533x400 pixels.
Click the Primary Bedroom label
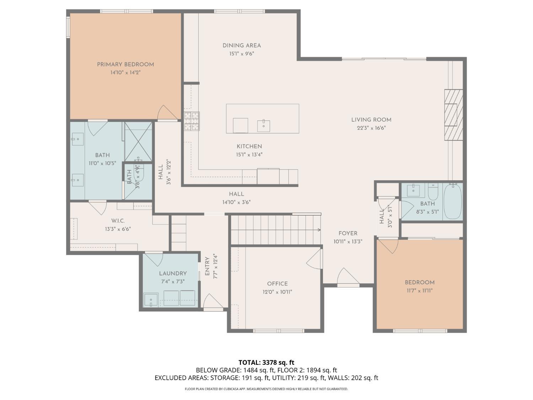[x=125, y=64]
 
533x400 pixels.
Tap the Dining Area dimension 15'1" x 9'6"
[x=242, y=54]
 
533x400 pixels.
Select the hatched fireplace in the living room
[x=453, y=115]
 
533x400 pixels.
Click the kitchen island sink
[x=263, y=126]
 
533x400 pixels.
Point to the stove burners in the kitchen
[x=192, y=121]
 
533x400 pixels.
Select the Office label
[x=278, y=284]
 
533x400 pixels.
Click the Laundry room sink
[x=151, y=300]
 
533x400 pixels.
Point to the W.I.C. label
[x=118, y=221]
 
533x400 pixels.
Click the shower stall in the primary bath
[x=138, y=141]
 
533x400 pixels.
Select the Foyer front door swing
[x=347, y=277]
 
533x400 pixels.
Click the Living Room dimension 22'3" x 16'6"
[x=371, y=128]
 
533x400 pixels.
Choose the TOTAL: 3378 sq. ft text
[x=266, y=363]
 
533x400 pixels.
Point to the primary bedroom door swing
[x=167, y=113]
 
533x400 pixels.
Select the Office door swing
[x=314, y=258]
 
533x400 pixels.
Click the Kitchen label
[x=249, y=146]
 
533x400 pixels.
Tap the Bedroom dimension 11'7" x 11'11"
[x=420, y=290]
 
